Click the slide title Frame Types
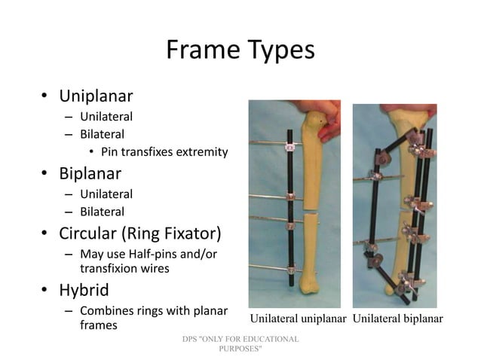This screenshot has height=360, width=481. coord(240,50)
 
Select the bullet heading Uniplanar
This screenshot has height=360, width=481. coord(97,96)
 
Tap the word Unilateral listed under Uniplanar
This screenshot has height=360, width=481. coord(106,117)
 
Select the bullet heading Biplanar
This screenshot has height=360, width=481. coord(90,174)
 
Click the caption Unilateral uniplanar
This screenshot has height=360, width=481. coord(298,317)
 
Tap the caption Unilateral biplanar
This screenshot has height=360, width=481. coord(397,317)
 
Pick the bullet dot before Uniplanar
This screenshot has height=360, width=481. coord(44,96)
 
